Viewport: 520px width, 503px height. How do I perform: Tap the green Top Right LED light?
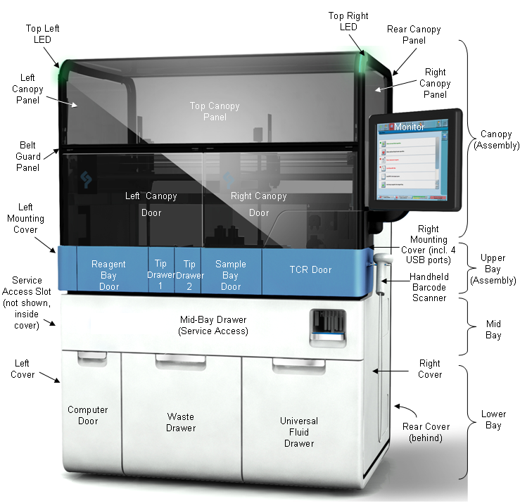tap(363, 61)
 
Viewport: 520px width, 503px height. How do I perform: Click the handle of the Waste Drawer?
tap(181, 362)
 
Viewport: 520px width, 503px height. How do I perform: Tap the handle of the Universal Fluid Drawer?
tap(298, 366)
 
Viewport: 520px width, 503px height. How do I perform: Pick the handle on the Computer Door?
tap(92, 358)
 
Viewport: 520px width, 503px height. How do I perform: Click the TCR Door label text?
tap(311, 269)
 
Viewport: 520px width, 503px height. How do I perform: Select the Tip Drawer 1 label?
tap(160, 274)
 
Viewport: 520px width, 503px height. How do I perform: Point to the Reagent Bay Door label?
tap(108, 275)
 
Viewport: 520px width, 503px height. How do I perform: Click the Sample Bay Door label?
tap(231, 275)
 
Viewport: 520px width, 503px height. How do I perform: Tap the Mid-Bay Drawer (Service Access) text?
tap(214, 325)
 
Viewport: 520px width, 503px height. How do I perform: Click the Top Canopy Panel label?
tap(215, 111)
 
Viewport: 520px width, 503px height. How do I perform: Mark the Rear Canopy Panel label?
tap(414, 35)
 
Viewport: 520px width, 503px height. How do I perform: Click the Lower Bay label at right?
tap(493, 419)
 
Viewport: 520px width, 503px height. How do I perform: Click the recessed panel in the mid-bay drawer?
tap(329, 329)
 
